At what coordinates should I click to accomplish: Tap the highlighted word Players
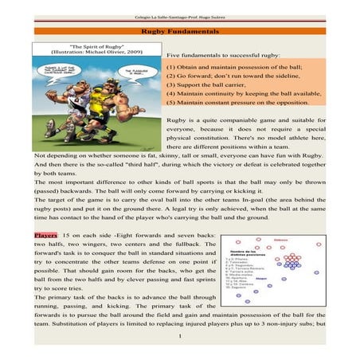coord(46,237)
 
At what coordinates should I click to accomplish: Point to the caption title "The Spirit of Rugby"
coord(95,47)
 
